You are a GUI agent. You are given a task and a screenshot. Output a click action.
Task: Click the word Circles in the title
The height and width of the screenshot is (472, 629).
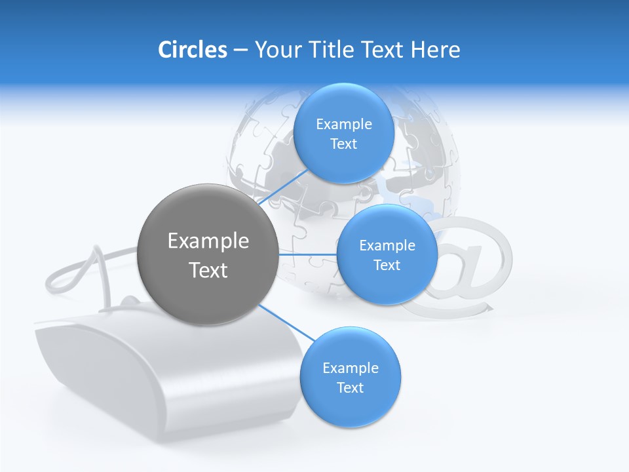click(x=192, y=50)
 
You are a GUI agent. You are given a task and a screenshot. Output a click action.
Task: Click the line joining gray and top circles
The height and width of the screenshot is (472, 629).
click(x=283, y=187)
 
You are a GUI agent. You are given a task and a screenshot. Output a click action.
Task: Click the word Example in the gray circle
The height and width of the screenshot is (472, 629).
click(x=208, y=241)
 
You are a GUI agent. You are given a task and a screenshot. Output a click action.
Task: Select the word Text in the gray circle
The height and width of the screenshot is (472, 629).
click(x=208, y=270)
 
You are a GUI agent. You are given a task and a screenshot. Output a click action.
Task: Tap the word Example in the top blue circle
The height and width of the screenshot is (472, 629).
click(x=344, y=125)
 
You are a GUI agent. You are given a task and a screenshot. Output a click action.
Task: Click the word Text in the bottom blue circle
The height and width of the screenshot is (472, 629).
click(x=350, y=388)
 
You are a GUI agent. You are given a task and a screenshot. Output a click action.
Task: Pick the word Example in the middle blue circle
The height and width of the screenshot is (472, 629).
click(x=387, y=246)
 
